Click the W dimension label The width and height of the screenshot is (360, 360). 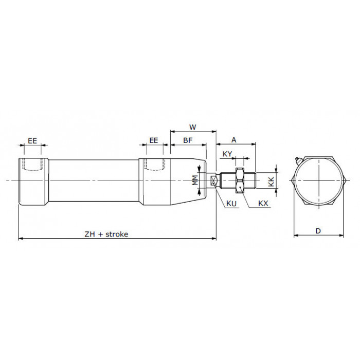pyautogui.click(x=193, y=127)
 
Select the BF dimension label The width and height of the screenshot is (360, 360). pyautogui.click(x=188, y=140)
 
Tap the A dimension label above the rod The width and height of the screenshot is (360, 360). pyautogui.click(x=233, y=140)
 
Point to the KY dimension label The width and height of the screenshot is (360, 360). pyautogui.click(x=227, y=154)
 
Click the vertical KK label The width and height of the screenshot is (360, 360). pyautogui.click(x=272, y=182)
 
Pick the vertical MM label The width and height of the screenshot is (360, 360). pyautogui.click(x=195, y=180)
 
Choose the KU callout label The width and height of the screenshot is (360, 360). pyautogui.click(x=231, y=203)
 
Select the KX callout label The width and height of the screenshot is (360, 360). pyautogui.click(x=263, y=203)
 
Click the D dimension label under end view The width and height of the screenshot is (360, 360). pyautogui.click(x=318, y=231)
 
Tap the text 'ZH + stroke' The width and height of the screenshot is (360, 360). pyautogui.click(x=106, y=234)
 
